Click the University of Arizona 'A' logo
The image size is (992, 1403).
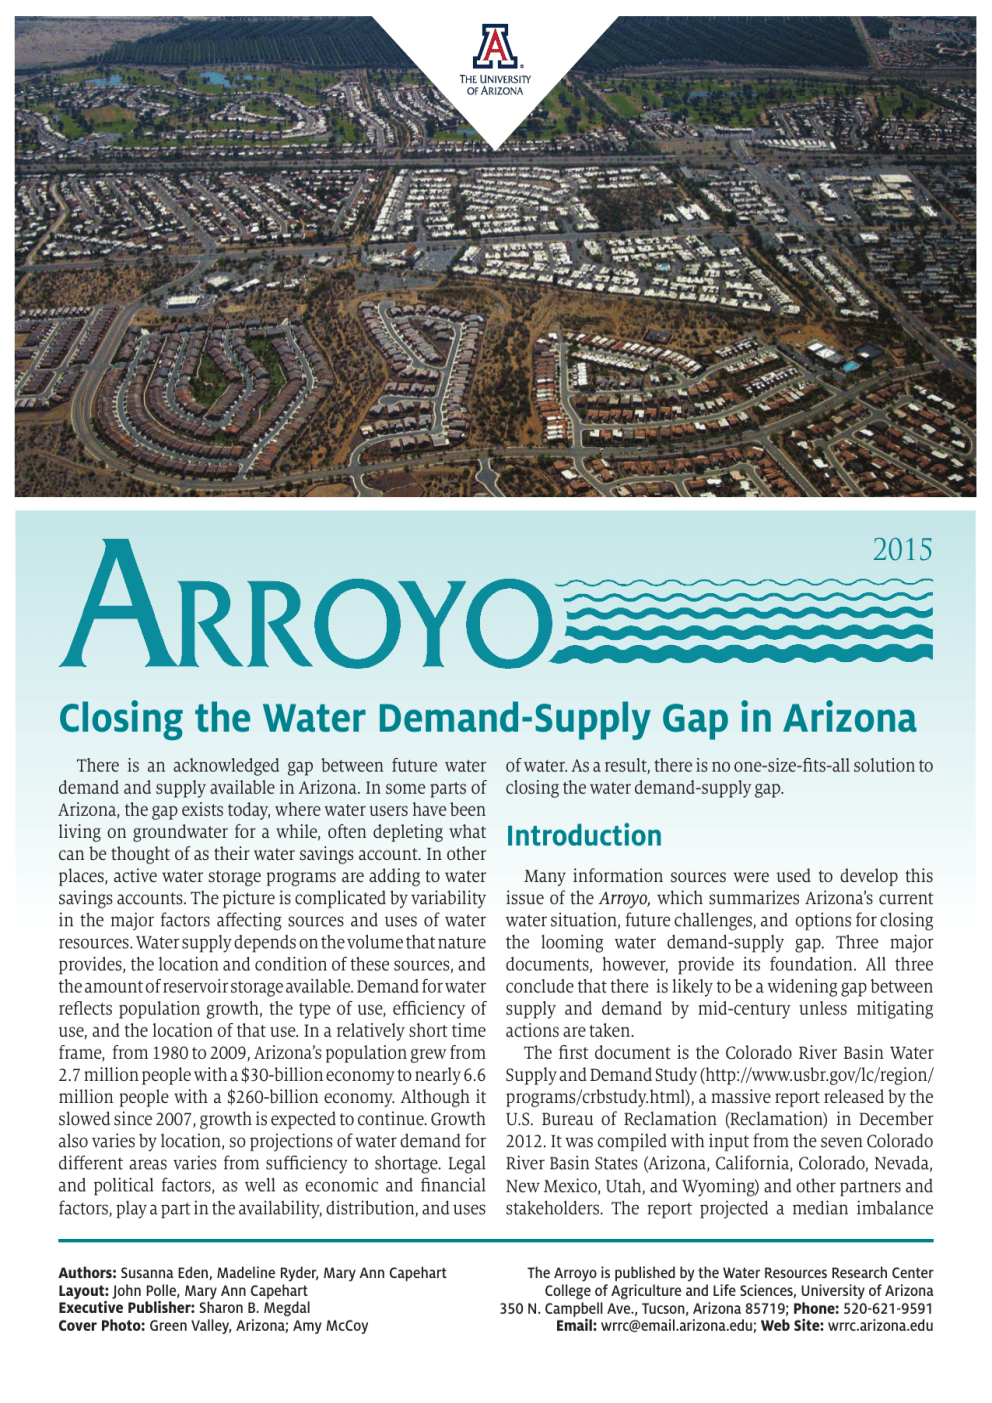pos(495,47)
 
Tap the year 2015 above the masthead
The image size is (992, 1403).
pos(902,550)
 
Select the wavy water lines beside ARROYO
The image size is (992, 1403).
pos(746,620)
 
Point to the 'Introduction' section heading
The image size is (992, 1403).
pos(584,836)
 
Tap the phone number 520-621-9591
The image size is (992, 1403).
pos(888,1308)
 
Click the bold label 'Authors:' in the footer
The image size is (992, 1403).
pos(87,1273)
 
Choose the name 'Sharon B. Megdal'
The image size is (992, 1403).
pos(254,1308)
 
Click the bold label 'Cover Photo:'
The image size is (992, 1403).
pos(101,1326)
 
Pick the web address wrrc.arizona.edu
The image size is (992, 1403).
pos(880,1326)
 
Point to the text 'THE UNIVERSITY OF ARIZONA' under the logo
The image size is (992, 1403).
pos(495,85)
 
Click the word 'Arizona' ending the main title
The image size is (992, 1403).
pos(850,719)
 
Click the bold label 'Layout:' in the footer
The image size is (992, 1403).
pos(83,1291)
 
